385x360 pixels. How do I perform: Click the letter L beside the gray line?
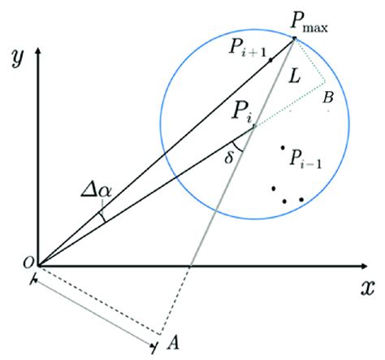point(293,76)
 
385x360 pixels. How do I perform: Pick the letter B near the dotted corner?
point(328,98)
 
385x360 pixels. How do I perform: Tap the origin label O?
point(27,262)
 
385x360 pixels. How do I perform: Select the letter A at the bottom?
point(171,342)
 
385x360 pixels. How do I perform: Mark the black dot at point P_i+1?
point(269,59)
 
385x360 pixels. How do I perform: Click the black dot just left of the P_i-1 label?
point(282,148)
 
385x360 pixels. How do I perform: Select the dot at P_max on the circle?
point(294,40)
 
